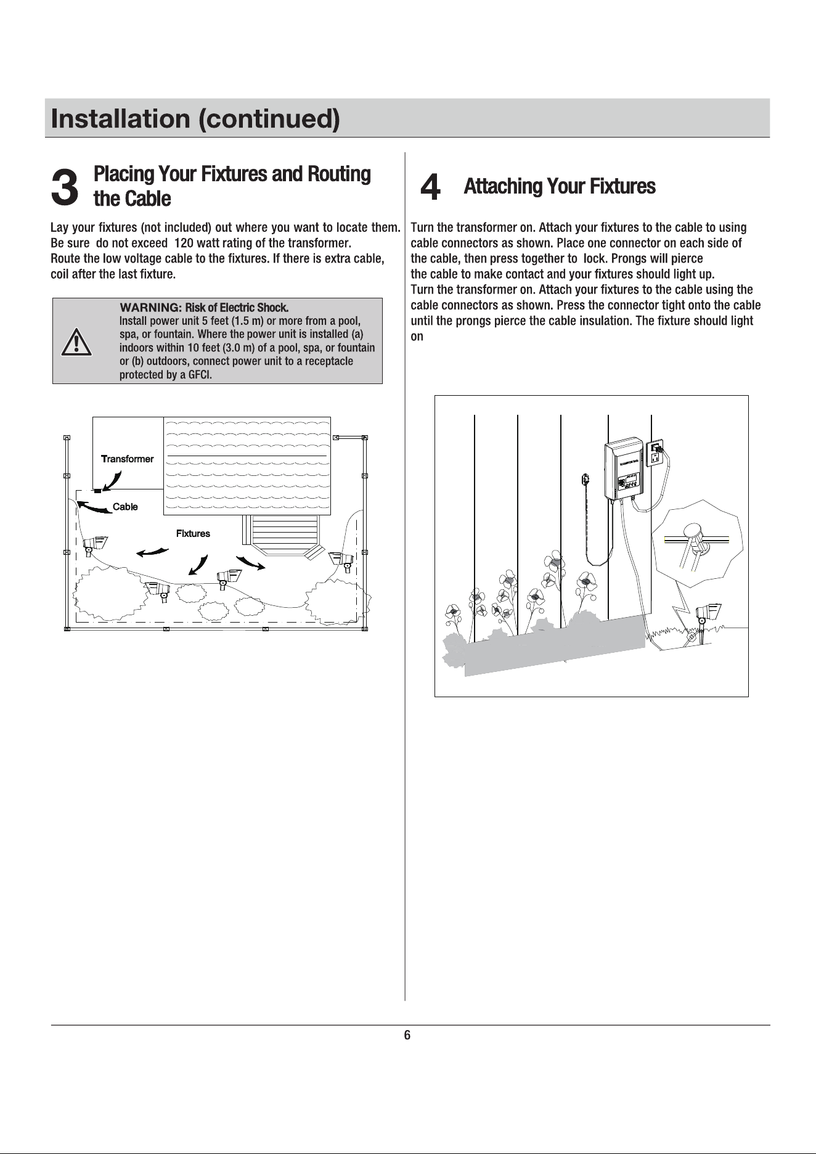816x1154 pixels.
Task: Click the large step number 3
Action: (x=65, y=187)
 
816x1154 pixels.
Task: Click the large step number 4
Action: (x=430, y=187)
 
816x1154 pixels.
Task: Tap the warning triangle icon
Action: (x=76, y=343)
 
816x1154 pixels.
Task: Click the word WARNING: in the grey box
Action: (x=150, y=308)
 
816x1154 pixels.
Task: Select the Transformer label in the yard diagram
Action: (x=127, y=459)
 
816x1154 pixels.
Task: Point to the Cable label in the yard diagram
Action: (x=125, y=507)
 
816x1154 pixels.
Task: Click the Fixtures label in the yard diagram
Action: (x=193, y=533)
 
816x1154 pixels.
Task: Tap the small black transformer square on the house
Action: (x=97, y=491)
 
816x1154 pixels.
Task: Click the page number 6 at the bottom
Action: (x=407, y=1035)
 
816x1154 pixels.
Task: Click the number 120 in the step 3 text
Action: (x=184, y=243)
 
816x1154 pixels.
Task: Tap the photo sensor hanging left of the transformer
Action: (x=586, y=478)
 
